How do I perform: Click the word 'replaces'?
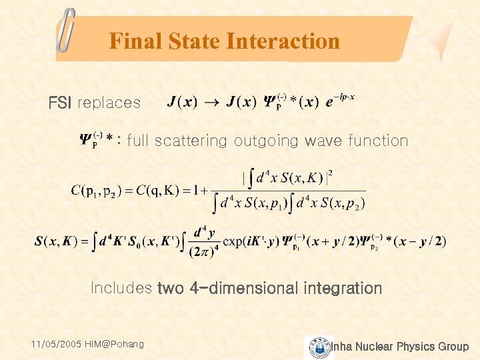109,103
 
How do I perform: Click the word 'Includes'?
121,289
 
